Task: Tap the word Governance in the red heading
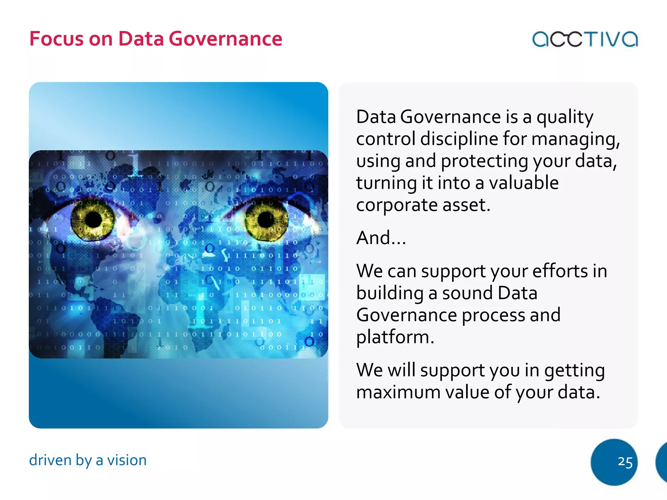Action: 225,39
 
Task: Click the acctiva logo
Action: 585,39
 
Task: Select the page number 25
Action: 625,462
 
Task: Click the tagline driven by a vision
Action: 88,460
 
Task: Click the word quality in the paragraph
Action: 565,117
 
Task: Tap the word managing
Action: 575,139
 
